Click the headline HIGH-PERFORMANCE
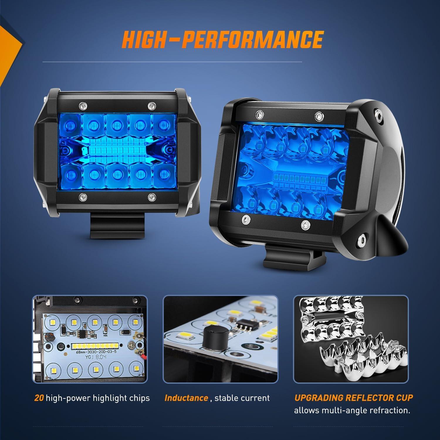(x=222, y=39)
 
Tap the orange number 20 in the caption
(x=39, y=398)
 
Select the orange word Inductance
(x=186, y=398)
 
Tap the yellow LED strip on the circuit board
(x=93, y=346)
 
